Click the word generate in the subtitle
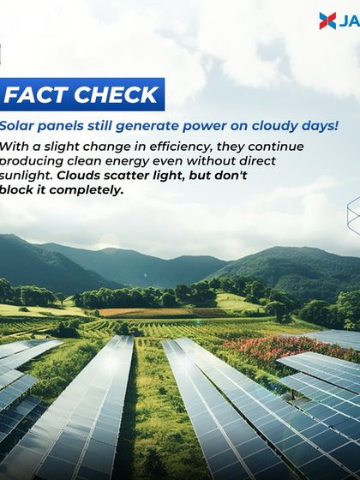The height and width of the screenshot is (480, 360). click(x=145, y=126)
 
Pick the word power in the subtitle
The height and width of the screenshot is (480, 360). click(x=199, y=126)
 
